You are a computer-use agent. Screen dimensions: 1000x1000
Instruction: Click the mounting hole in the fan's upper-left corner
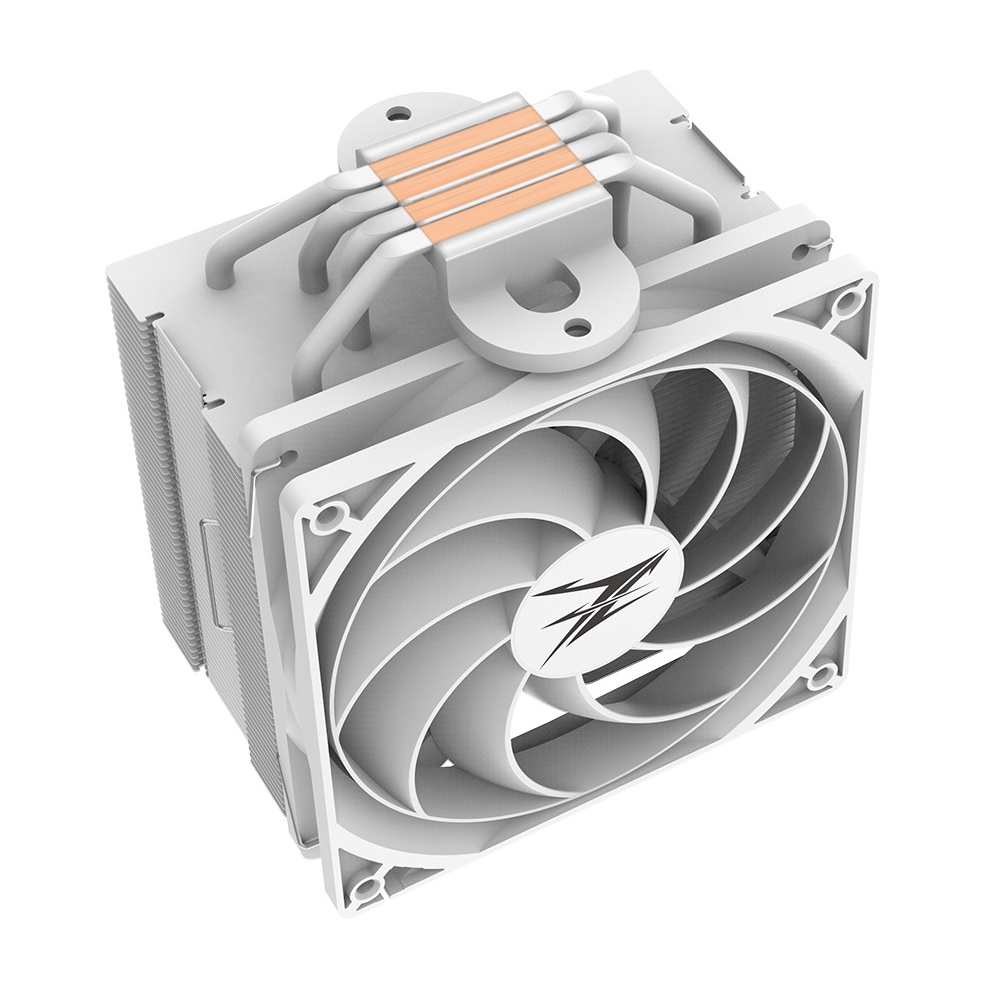pyautogui.click(x=323, y=517)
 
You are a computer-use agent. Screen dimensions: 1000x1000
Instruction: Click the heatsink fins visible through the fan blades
pyautogui.click(x=690, y=420)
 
